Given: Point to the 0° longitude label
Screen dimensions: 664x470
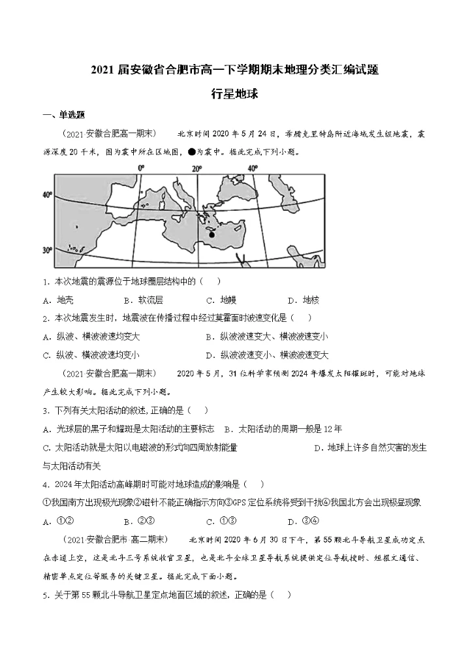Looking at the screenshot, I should point(140,168).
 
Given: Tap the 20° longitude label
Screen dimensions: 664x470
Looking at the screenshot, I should point(196,168).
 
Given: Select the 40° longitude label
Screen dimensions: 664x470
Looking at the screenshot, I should point(253,168).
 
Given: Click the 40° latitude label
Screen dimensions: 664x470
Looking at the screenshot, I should point(46,195).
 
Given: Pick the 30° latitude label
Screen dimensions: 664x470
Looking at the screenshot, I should point(46,250).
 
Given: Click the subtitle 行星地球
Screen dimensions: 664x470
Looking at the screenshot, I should point(235,93).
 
